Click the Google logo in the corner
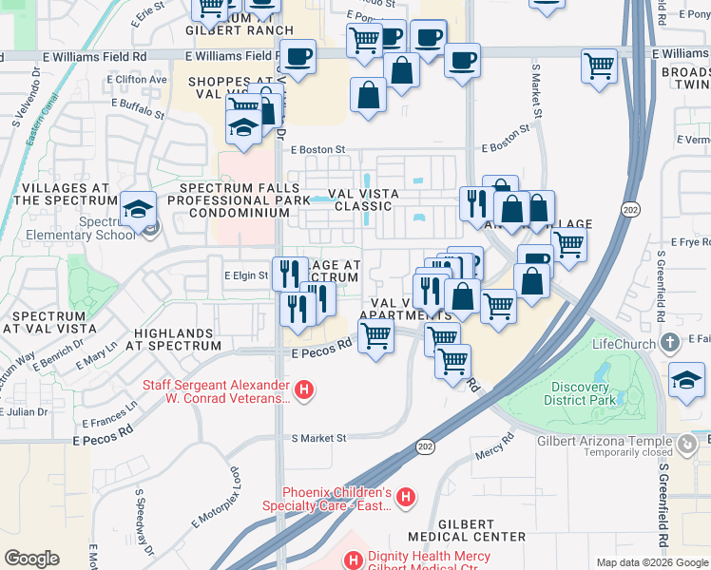coord(32,559)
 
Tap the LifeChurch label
coord(622,343)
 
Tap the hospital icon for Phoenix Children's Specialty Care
coord(406,497)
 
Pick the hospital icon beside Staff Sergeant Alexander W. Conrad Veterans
coord(304,389)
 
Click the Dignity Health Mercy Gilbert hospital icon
coord(353,561)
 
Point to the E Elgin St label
coord(246,275)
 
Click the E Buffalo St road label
coord(138,107)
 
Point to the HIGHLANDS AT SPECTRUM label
coord(178,339)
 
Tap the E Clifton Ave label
coord(139,80)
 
